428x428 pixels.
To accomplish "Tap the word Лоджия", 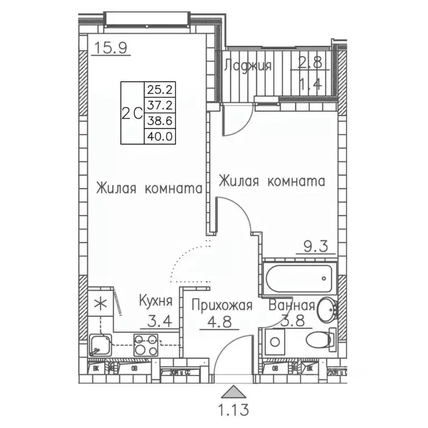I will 247,66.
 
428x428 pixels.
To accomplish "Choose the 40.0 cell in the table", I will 157,135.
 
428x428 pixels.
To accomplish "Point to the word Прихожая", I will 222,305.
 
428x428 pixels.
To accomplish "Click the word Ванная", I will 291,305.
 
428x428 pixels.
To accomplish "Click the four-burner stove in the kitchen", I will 147,344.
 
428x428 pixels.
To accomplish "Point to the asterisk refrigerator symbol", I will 100,304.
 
